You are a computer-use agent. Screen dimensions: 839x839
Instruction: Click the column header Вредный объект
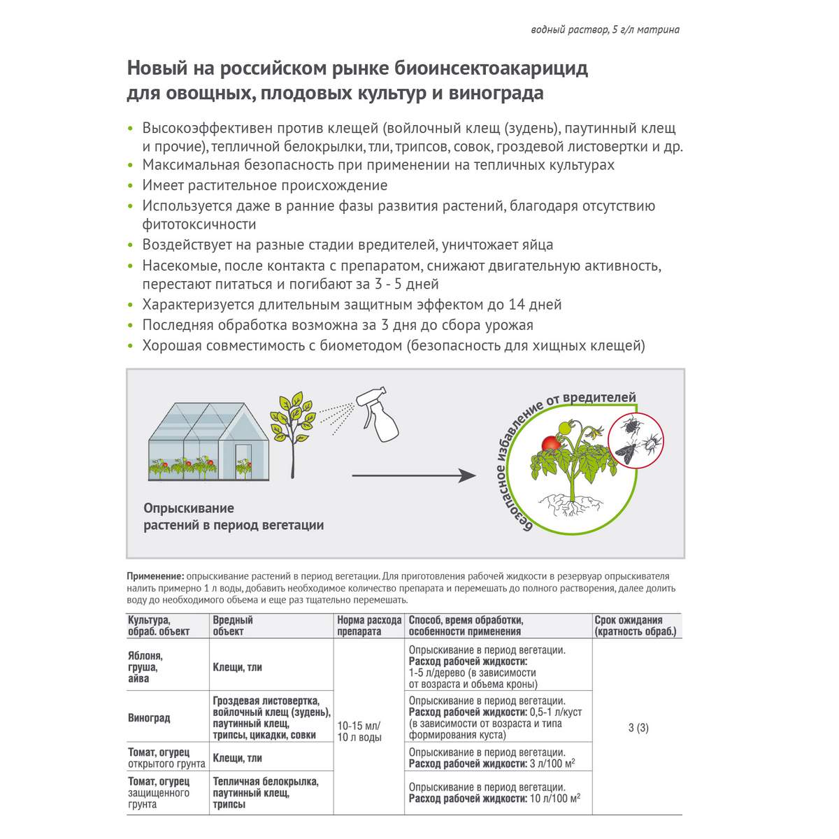(x=233, y=625)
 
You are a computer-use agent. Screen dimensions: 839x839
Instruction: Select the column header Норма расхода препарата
(x=369, y=625)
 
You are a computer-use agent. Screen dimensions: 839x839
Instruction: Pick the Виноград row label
(x=149, y=718)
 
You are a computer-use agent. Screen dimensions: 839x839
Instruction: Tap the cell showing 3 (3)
(x=638, y=728)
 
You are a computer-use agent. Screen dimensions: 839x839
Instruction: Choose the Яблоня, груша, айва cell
(x=145, y=667)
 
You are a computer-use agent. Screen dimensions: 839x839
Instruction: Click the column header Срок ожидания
(x=629, y=619)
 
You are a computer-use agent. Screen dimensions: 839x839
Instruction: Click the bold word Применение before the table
(x=155, y=576)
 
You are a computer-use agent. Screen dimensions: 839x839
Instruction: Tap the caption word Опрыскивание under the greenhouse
(x=189, y=508)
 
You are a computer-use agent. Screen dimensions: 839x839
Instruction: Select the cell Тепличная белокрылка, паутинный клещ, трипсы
(x=266, y=793)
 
